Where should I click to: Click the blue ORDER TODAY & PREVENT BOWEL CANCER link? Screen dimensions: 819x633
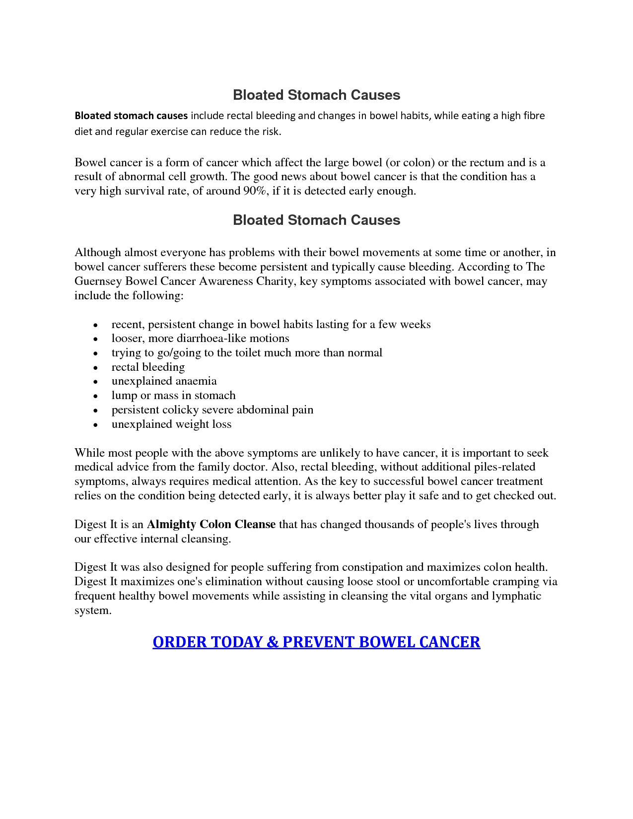pos(316,642)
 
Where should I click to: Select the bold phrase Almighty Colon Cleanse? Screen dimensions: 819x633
pos(211,525)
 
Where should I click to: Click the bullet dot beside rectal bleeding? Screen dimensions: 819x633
pos(95,368)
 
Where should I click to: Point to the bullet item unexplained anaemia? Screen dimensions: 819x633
pos(164,381)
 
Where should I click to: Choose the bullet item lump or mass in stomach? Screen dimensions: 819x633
pos(173,396)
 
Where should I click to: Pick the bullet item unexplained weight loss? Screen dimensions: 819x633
pos(171,424)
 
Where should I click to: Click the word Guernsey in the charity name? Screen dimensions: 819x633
pos(98,281)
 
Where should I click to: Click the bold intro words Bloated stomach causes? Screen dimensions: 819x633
pos(131,116)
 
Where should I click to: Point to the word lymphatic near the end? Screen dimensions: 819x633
pos(516,596)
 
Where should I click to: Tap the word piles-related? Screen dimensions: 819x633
pos(504,467)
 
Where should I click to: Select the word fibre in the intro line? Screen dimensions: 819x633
pos(534,116)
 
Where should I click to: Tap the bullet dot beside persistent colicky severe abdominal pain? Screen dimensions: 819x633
pos(95,411)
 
